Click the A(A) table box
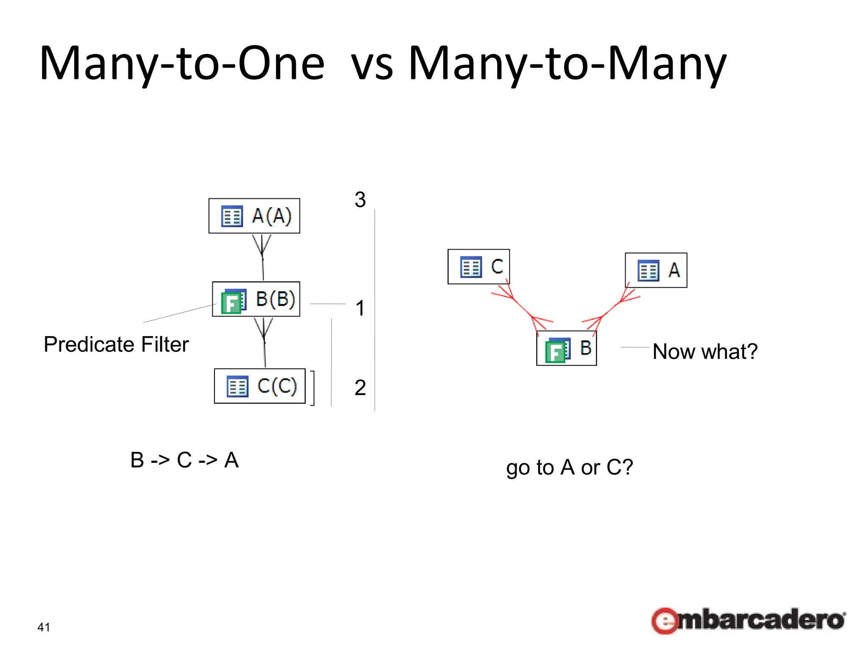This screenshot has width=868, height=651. coord(254,216)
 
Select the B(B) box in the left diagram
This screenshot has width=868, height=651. coord(256,299)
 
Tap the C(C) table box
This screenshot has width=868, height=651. coord(260,386)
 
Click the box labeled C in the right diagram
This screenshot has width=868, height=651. coord(479,267)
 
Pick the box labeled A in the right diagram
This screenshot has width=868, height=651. coord(656,270)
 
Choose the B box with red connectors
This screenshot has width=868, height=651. coord(566,348)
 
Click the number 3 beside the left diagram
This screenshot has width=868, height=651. coord(360,200)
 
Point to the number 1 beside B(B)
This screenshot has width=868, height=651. coord(360,308)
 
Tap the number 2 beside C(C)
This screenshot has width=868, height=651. coord(360,387)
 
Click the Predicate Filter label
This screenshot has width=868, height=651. coord(116,344)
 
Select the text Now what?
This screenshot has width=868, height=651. coord(705,351)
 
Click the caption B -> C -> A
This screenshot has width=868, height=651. coord(184,460)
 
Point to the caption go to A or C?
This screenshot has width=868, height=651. coord(569,467)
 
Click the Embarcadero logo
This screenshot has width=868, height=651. coord(748,621)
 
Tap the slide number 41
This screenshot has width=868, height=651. coord(44,627)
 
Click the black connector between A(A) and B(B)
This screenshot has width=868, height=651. coord(263,259)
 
